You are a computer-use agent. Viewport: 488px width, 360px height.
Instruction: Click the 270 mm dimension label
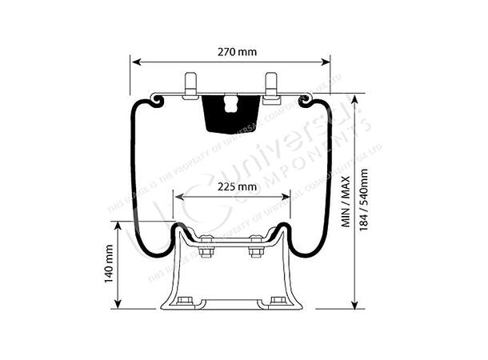coord(237,52)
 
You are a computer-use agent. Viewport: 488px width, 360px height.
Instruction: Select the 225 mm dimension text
coord(236,187)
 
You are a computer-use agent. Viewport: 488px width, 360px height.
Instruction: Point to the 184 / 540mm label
coord(365,200)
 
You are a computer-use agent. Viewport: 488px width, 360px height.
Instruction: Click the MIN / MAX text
coord(346,201)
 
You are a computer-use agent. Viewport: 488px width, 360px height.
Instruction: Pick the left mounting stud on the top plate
coord(190,86)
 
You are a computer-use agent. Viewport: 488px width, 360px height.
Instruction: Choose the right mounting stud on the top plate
coord(270,86)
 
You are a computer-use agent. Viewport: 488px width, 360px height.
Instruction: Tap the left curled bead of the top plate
coord(156,100)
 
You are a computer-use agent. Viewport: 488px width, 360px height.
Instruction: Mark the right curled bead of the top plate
coord(306,100)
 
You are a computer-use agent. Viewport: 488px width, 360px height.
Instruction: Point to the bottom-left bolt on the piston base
coord(186,301)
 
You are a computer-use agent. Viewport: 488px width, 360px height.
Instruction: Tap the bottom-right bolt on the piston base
coord(277,301)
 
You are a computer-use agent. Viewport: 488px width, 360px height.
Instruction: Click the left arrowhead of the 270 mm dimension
coord(134,61)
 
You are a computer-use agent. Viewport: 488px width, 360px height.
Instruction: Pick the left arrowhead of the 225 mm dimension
coord(178,197)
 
